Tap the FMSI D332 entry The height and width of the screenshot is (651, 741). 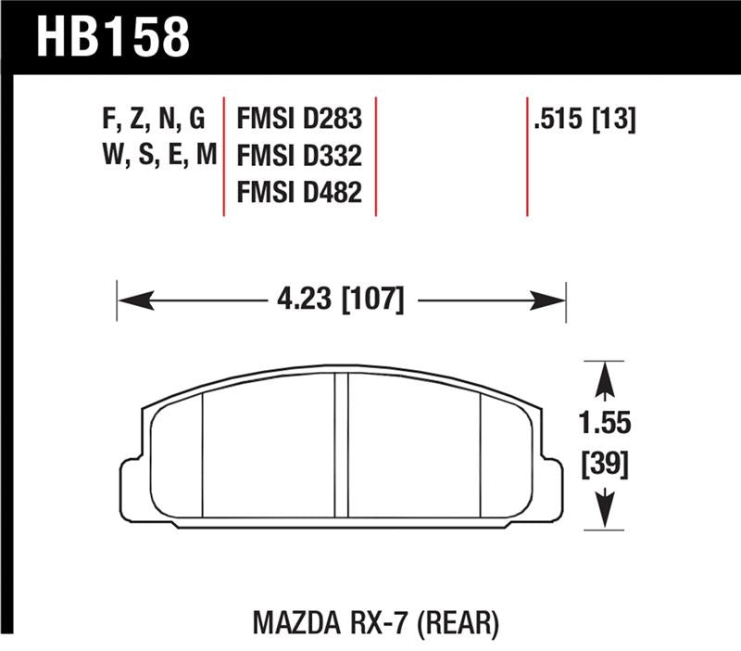(x=299, y=155)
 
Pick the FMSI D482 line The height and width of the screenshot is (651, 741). (x=299, y=191)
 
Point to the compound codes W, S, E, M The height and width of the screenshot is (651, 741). (x=157, y=155)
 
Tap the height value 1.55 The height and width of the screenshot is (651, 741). (x=605, y=423)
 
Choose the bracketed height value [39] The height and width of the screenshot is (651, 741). (x=605, y=465)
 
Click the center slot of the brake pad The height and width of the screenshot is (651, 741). (x=341, y=445)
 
